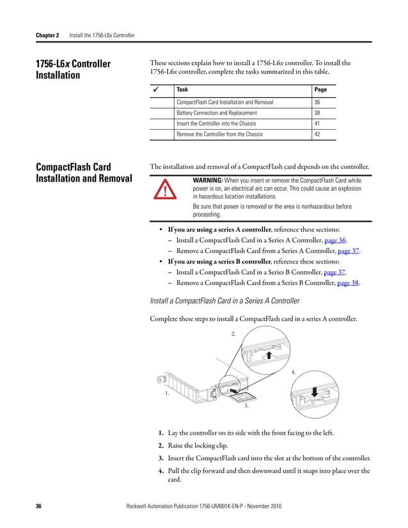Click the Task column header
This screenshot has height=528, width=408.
coord(182,90)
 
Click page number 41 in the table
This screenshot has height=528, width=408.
coord(318,123)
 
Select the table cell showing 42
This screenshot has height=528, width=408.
coord(318,134)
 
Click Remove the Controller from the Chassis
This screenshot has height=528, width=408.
coord(219,134)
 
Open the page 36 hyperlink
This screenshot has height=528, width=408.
coord(335,240)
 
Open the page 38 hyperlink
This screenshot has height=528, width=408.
coord(348,283)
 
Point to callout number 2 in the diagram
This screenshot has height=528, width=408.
coord(233,334)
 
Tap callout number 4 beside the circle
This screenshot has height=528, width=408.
coord(294,371)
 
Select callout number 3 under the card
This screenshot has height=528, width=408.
coord(246,406)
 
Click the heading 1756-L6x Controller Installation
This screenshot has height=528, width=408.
coord(74,69)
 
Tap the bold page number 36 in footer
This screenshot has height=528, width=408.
coord(38,506)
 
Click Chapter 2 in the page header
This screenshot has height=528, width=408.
coord(47,35)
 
